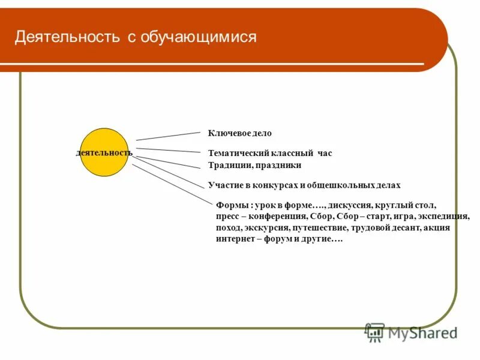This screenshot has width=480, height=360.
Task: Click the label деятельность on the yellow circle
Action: (x=104, y=153)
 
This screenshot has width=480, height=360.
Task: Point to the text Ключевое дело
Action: (x=239, y=133)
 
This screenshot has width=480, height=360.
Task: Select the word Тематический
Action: (x=234, y=154)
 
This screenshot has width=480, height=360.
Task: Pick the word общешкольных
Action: (x=344, y=185)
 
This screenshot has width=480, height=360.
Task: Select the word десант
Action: (x=404, y=228)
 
